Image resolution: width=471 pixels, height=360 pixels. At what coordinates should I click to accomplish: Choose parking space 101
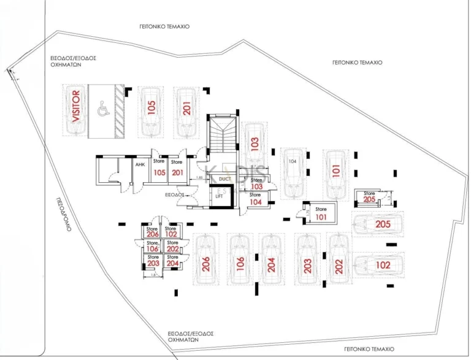335,172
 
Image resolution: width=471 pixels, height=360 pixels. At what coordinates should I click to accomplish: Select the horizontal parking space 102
378,266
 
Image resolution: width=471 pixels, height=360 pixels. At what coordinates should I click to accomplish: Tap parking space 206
206,261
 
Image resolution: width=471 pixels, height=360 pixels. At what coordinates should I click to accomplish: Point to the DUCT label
224,178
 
